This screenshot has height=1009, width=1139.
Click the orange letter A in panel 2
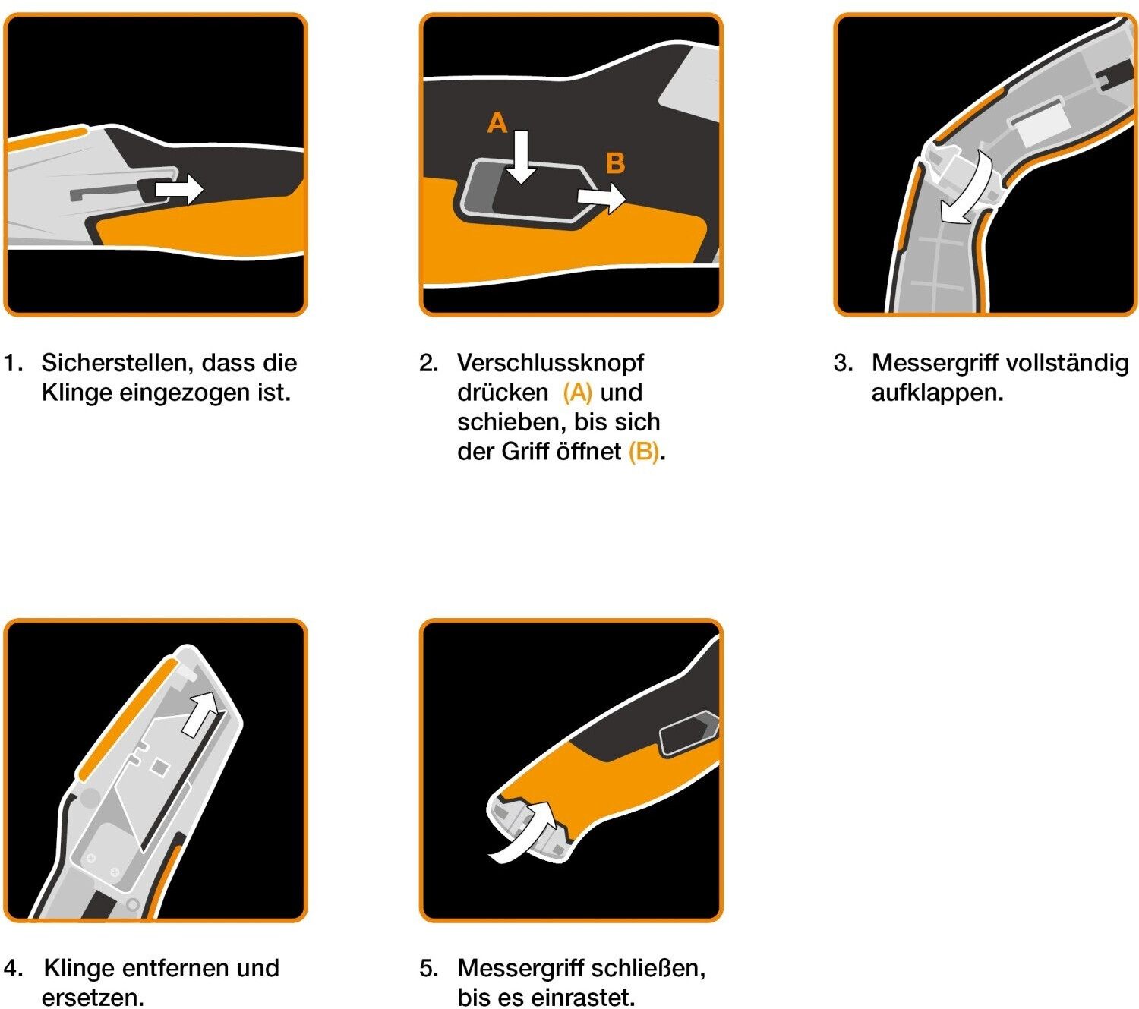[497, 122]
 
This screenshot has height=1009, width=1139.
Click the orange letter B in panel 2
[615, 163]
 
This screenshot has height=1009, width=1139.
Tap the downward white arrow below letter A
[521, 157]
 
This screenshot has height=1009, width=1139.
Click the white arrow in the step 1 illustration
[178, 188]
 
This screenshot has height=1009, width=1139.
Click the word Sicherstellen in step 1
[112, 363]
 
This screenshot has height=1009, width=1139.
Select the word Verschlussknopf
[551, 364]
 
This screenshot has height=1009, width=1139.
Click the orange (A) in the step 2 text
[577, 393]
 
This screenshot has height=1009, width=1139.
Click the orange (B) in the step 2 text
[644, 452]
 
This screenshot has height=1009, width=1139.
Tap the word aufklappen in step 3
[936, 393]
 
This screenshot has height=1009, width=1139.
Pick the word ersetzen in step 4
[92, 998]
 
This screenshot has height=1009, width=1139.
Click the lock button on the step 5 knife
[688, 733]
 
